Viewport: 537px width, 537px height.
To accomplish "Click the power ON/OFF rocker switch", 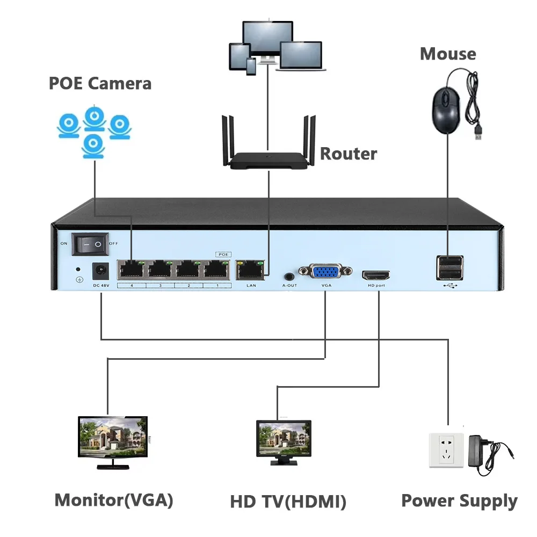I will [91, 244].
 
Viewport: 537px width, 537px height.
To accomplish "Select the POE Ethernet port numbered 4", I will [132, 269].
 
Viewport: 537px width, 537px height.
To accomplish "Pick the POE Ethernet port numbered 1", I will [216, 269].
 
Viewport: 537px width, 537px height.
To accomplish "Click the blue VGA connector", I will [326, 272].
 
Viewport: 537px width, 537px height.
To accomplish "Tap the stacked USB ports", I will [448, 267].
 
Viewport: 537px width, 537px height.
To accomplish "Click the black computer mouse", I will [445, 110].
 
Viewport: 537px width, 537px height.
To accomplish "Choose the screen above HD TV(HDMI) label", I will [284, 438].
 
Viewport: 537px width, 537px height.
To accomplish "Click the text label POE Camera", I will [100, 84].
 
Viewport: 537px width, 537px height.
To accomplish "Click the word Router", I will [349, 154].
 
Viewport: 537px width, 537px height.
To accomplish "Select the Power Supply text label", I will [459, 501].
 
